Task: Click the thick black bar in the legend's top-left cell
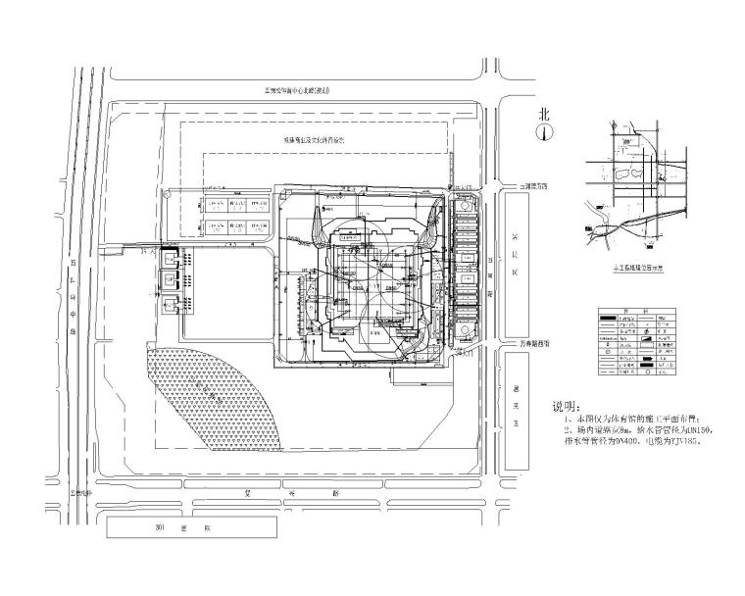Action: (x=612, y=318)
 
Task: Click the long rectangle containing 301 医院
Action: (x=183, y=527)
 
